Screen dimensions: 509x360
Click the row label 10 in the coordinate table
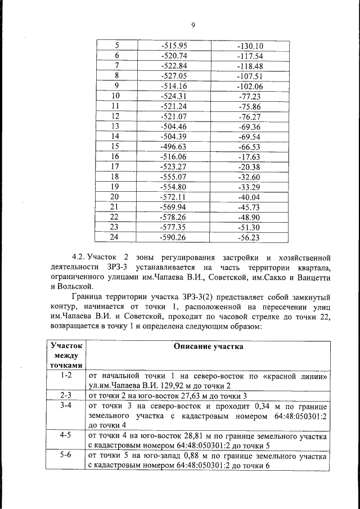[x=117, y=96]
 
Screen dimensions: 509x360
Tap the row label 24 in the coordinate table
[x=117, y=237]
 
